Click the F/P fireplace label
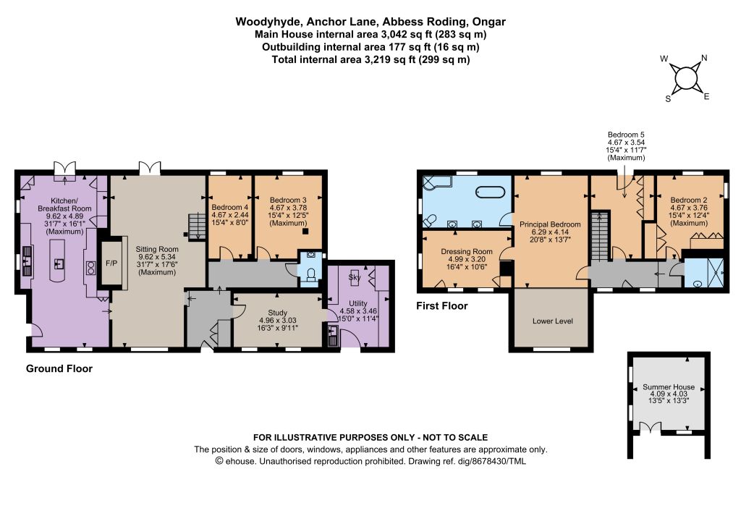tap(111, 263)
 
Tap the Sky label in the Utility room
tap(355, 277)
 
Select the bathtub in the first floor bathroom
tap(490, 192)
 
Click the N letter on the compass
tap(704, 58)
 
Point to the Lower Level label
tap(552, 321)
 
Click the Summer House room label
tap(669, 386)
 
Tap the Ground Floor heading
tap(59, 368)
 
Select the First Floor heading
tap(442, 305)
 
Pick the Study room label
tap(277, 313)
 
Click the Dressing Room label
tap(467, 252)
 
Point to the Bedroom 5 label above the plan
tap(626, 135)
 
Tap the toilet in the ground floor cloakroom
tap(311, 275)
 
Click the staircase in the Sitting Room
tap(197, 227)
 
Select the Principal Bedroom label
tap(550, 224)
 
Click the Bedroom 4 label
tap(229, 207)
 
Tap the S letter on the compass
tap(668, 98)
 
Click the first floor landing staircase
tap(600, 236)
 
